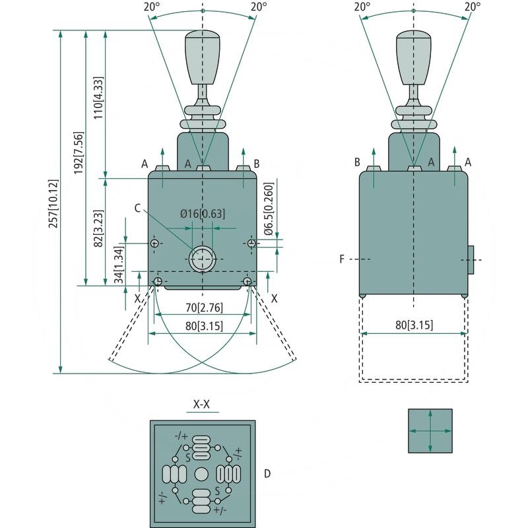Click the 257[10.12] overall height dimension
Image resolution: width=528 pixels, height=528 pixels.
click(x=53, y=204)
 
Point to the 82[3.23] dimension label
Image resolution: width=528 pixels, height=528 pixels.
click(x=98, y=228)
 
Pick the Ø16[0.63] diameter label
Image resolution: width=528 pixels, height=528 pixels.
click(x=202, y=213)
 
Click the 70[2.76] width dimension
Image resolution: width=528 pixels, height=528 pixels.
click(x=202, y=307)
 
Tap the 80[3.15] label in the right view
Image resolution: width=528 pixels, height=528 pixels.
click(x=413, y=324)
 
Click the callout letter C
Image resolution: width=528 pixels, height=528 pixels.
click(x=137, y=209)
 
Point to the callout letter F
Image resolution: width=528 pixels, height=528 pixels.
click(x=342, y=259)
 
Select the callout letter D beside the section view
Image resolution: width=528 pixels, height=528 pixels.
click(x=267, y=473)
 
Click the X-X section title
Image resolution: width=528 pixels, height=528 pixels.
click(x=201, y=404)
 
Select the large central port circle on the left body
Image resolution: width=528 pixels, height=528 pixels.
click(x=202, y=259)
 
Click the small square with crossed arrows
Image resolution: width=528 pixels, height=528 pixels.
click(x=430, y=430)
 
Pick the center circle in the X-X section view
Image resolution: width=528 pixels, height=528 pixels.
click(x=202, y=474)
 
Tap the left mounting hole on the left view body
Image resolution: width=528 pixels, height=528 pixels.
click(x=154, y=244)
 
